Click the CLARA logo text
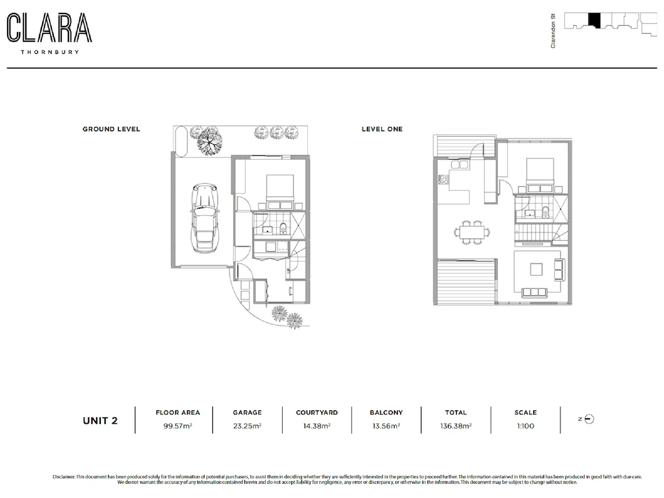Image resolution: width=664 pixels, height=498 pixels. tap(49, 28)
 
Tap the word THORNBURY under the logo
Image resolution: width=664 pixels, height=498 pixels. tap(50, 52)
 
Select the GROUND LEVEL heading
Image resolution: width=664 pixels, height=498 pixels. tap(111, 129)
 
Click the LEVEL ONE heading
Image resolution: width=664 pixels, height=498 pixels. tap(382, 129)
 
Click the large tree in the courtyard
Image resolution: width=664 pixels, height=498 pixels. tap(209, 140)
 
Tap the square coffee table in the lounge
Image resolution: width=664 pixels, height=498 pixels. tap(536, 269)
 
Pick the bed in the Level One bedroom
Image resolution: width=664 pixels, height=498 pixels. tap(540, 175)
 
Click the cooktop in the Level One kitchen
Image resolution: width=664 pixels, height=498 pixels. tap(443, 179)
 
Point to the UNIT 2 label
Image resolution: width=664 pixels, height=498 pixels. tap(100, 421)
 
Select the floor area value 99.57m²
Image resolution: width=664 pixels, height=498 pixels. tap(178, 426)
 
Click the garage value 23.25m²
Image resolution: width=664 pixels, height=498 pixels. tap(247, 426)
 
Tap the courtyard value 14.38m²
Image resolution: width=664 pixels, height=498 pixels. tap(317, 426)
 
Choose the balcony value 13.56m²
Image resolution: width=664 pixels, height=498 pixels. tap(386, 426)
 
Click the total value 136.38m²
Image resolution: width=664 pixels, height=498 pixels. tap(456, 426)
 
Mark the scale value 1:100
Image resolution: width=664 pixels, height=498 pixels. tap(525, 426)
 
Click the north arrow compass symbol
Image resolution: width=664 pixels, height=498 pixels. tap(589, 419)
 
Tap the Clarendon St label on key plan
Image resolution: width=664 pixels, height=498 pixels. tap(553, 31)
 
